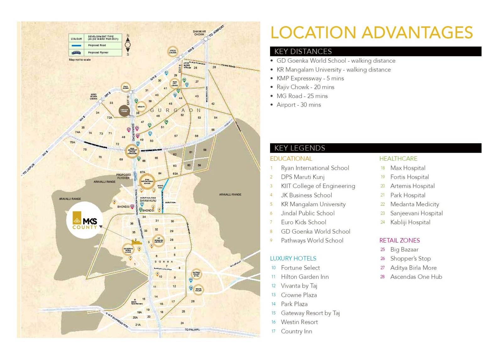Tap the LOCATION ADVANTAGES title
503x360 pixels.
click(372, 33)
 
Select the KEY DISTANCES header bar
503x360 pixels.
click(375, 51)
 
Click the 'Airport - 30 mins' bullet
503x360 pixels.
click(299, 105)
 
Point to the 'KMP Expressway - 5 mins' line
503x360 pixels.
click(310, 78)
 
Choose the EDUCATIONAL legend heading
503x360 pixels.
click(291, 159)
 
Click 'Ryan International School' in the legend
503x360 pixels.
click(315, 168)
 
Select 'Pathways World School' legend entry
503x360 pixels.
click(312, 241)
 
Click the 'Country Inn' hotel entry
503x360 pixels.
click(296, 331)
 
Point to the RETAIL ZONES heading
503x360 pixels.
click(399, 241)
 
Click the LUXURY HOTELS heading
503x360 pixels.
click(293, 258)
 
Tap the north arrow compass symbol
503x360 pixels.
click(128, 45)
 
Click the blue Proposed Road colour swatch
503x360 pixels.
click(76, 46)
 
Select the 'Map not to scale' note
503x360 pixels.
click(80, 60)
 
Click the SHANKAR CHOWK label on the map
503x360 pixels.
click(199, 33)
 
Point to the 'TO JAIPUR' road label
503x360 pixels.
click(29, 169)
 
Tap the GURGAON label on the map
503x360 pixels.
click(175, 110)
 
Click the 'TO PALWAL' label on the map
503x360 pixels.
click(192, 330)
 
